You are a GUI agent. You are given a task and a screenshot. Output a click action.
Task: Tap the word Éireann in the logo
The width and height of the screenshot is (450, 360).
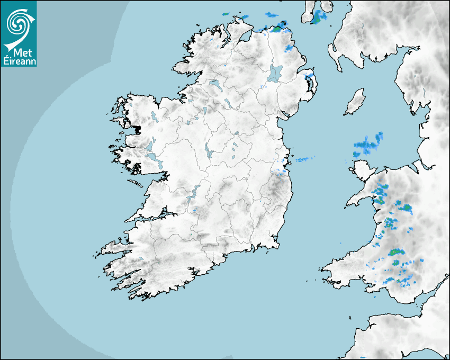(20, 61)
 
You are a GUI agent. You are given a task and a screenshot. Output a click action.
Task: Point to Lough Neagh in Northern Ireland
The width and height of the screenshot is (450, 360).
(275, 73)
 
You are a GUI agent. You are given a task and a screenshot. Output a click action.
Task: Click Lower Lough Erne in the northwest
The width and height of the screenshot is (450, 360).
(215, 85)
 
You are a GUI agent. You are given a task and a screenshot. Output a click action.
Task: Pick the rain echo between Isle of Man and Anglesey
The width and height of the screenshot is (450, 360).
(368, 143)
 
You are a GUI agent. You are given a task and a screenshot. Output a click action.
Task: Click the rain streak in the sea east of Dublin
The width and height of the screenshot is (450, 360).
(304, 159)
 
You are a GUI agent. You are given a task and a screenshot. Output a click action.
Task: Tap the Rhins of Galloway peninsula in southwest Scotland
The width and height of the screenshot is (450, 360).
(333, 53)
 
